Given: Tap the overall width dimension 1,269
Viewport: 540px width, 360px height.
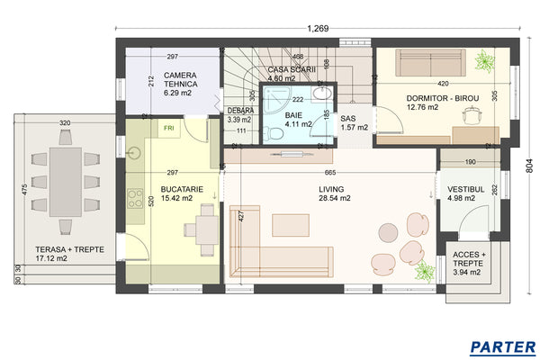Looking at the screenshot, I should [x=318, y=29].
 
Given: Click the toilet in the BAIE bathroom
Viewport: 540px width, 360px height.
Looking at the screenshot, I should [x=276, y=133].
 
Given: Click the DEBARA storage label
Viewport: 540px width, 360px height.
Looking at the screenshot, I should [x=239, y=114].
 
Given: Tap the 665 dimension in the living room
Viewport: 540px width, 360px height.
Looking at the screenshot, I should [x=331, y=173].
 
